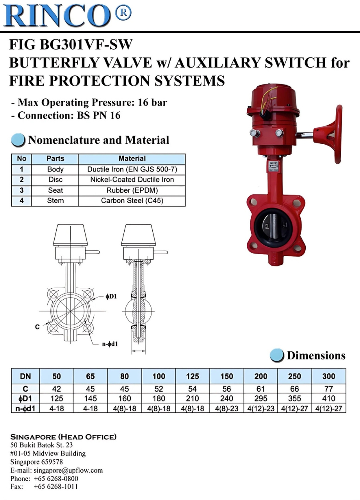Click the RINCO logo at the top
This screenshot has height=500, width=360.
tap(66, 15)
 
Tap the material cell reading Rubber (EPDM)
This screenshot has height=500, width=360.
tap(132, 190)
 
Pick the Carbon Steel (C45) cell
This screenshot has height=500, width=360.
tap(132, 201)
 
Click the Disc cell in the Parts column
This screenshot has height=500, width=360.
tap(55, 180)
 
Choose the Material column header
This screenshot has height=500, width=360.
tap(132, 159)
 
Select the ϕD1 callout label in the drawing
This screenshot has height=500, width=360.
tap(111, 297)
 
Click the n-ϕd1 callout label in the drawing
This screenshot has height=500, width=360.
tap(110, 344)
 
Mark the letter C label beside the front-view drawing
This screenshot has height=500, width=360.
tap(37, 327)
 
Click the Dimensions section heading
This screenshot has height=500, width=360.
tap(316, 355)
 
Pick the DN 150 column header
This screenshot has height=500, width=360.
tap(226, 377)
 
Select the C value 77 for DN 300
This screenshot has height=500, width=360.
tap(328, 389)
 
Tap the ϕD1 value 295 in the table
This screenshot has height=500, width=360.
tap(260, 399)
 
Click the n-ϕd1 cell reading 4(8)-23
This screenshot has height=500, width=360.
tap(226, 409)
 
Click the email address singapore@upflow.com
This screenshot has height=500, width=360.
tap(68, 470)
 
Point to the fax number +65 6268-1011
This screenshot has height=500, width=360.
tap(56, 487)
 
